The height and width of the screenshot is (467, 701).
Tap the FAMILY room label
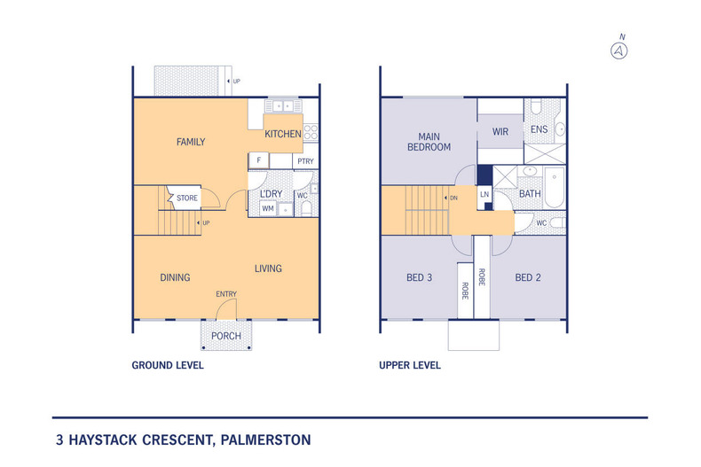[191, 142]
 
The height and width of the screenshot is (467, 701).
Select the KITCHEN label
[283, 135]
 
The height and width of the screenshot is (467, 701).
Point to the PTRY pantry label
[304, 161]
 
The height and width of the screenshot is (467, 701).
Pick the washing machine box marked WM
[267, 209]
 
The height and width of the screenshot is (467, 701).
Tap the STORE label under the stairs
[186, 198]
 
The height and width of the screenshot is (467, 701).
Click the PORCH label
[225, 336]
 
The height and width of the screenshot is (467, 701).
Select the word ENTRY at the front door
[225, 294]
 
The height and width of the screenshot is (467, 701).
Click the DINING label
[175, 277]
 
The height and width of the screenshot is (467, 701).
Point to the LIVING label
[268, 269]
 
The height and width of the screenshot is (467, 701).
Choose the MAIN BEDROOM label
[429, 142]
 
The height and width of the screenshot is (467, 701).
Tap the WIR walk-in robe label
[500, 132]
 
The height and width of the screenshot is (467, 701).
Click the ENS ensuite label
[539, 129]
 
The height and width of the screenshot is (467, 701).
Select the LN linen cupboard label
[484, 193]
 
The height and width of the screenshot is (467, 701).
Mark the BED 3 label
[419, 277]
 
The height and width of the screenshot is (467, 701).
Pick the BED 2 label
[527, 277]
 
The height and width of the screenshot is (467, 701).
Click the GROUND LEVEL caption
[168, 365]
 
